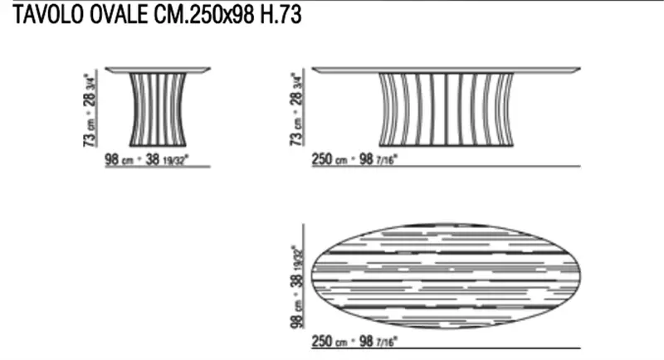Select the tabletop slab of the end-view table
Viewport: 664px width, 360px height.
[157, 70]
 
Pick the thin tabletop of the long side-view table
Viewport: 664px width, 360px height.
[447, 69]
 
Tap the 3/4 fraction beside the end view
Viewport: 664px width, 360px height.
[91, 77]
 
